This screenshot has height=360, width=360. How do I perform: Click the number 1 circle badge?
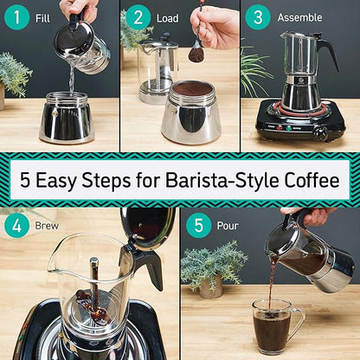pyautogui.click(x=17, y=17)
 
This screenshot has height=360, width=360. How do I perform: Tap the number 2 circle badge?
pyautogui.click(x=138, y=17)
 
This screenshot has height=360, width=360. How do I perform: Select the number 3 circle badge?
pyautogui.click(x=257, y=17)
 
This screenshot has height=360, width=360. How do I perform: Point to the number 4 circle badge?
pyautogui.click(x=17, y=226)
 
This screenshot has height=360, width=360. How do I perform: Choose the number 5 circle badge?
pyautogui.click(x=198, y=226)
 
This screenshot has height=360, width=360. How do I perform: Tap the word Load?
pyautogui.click(x=168, y=17)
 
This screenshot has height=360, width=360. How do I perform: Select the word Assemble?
pyautogui.click(x=299, y=17)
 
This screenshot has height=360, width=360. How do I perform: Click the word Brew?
pyautogui.click(x=48, y=227)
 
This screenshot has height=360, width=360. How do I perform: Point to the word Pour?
pyautogui.click(x=228, y=227)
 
